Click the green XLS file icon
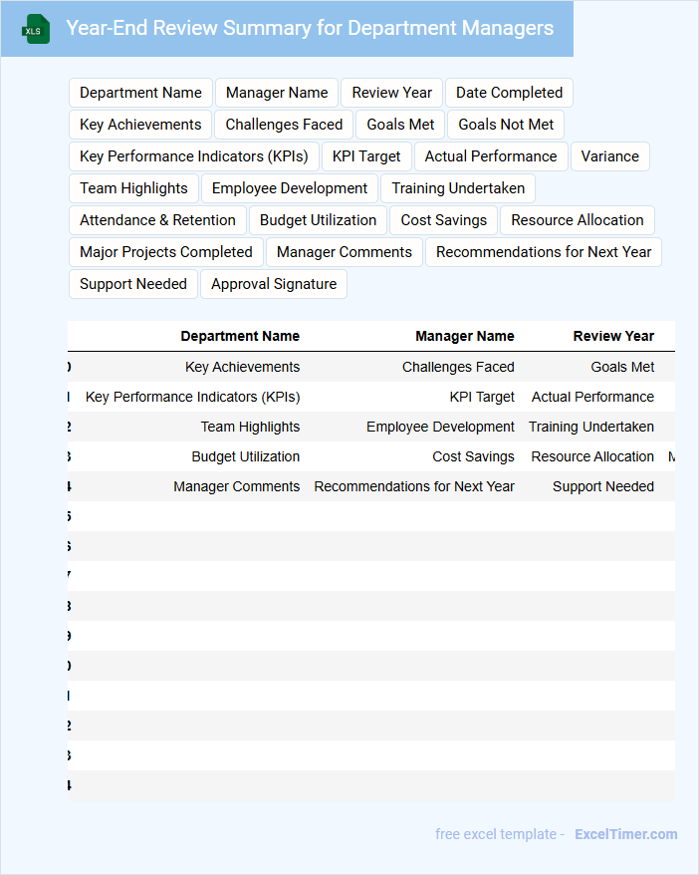pos(36,29)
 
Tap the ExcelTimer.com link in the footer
pos(625,834)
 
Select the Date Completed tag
pos(509,93)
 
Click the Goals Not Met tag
pos(506,125)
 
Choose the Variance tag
pos(610,156)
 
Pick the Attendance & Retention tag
pos(157,220)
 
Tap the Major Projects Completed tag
pos(166,252)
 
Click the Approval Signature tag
pos(274,284)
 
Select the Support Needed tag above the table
pos(133,284)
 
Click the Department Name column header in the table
pos(240,337)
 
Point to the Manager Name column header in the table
pos(465,337)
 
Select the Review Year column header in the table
pos(613,337)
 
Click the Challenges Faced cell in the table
pos(458,367)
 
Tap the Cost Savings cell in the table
pos(473,456)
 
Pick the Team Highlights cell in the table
pos(250,427)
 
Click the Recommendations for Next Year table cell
pos(414,486)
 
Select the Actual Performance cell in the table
pos(592,397)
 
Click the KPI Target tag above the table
pos(366,156)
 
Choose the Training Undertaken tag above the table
pos(458,188)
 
